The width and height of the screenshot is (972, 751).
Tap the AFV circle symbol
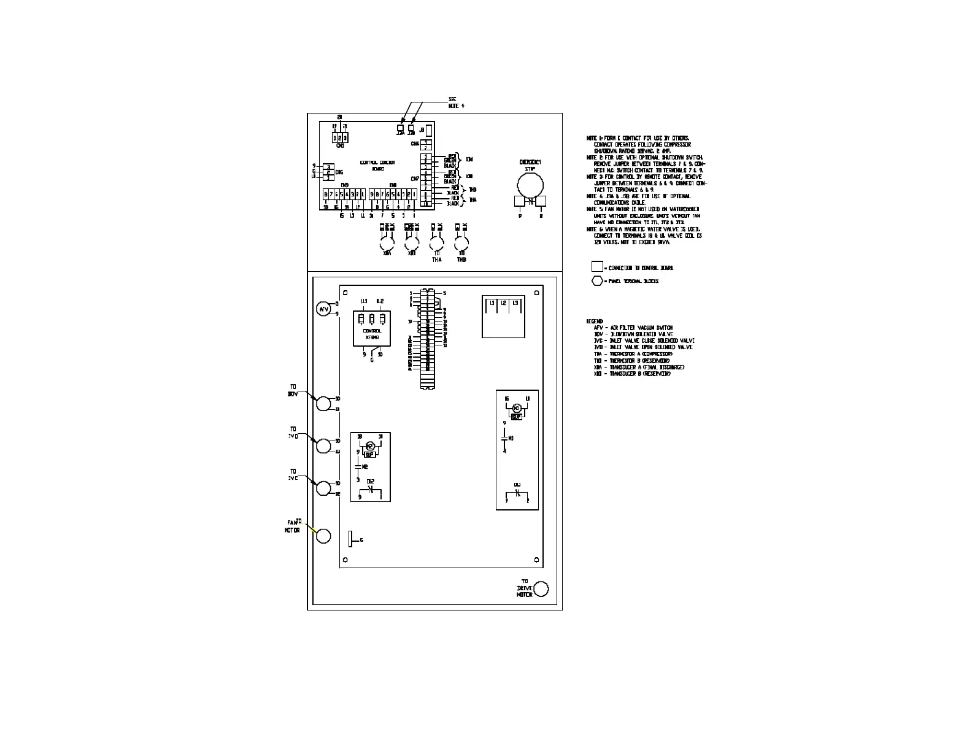point(323,309)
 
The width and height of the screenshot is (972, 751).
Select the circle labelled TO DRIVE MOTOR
point(541,590)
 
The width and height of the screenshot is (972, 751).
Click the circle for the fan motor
point(323,536)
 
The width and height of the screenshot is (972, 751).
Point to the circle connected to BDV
point(323,403)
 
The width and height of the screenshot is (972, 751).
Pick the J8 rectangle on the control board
point(429,131)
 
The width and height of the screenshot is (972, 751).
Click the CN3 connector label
point(341,145)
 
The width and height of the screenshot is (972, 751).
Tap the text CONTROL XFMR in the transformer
point(372,333)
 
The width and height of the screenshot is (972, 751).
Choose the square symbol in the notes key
point(596,267)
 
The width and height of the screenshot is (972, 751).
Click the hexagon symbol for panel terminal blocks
point(596,281)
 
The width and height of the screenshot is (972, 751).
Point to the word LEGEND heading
point(595,322)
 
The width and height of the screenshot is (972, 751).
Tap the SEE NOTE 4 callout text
point(456,102)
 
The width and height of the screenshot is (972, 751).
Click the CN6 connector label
point(339,172)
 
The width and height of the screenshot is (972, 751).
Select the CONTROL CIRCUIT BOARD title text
point(377,166)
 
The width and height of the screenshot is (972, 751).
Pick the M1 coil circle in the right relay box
point(516,408)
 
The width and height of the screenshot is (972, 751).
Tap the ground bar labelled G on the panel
point(350,539)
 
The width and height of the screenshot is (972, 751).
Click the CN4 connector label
point(415,144)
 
